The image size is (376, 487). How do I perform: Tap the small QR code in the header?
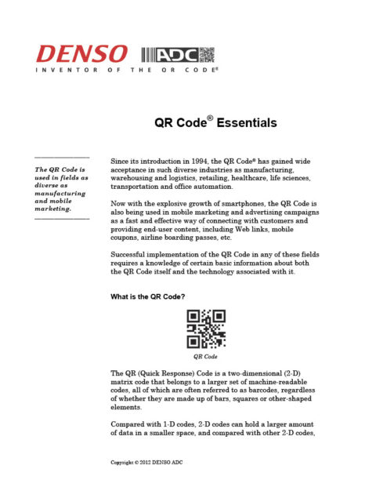click(x=206, y=54)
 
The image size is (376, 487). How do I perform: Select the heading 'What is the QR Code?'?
click(x=152, y=296)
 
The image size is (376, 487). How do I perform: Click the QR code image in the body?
click(x=204, y=329)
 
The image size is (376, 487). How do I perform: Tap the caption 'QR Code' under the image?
click(x=204, y=355)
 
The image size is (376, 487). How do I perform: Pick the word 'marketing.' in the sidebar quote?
click(x=52, y=210)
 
